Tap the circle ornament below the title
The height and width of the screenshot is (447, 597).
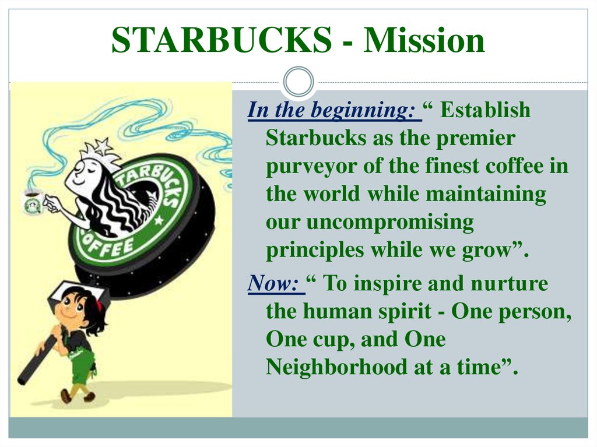point(298,81)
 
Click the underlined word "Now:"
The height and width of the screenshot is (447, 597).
point(273,284)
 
